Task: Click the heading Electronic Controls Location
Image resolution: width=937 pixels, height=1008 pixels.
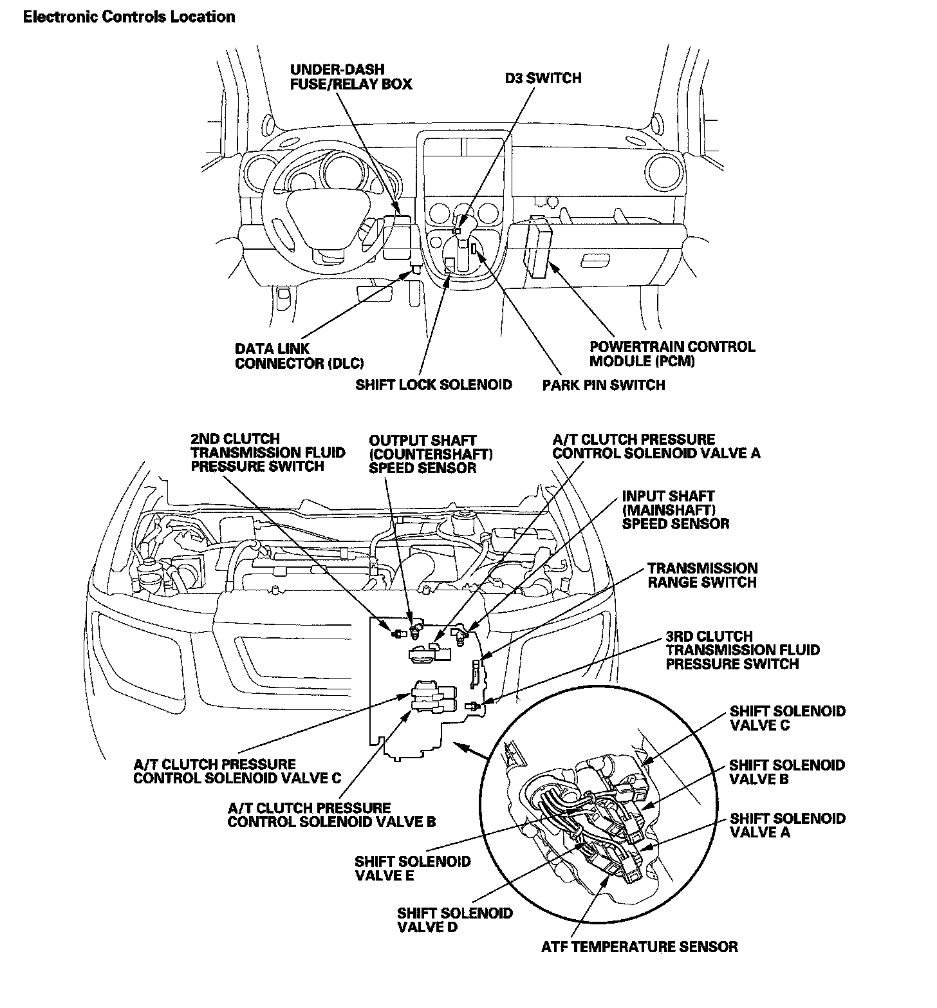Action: click(x=129, y=17)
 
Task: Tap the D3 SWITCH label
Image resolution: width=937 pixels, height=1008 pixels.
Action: click(x=543, y=78)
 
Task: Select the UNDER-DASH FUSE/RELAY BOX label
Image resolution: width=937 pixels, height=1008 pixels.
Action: click(x=351, y=77)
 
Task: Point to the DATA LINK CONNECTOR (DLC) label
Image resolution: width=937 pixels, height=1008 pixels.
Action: click(x=299, y=356)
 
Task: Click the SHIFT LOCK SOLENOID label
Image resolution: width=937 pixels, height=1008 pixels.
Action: click(x=433, y=384)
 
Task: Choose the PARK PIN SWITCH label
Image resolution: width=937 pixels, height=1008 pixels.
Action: click(x=603, y=385)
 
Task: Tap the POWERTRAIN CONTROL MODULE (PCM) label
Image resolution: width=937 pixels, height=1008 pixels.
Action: click(x=672, y=353)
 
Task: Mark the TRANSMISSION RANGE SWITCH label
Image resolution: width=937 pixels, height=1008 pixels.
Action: click(x=702, y=575)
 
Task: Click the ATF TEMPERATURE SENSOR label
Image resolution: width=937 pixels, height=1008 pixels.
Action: click(x=639, y=946)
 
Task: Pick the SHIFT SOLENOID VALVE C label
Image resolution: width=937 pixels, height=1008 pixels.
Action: click(x=787, y=718)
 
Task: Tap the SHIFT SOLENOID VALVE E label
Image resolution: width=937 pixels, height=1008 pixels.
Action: click(x=413, y=868)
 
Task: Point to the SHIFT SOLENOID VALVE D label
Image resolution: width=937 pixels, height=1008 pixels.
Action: click(x=454, y=920)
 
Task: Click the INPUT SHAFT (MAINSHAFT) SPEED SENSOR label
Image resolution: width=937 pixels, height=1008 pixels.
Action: click(x=675, y=510)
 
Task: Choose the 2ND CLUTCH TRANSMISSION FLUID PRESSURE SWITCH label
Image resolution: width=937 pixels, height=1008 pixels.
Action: click(x=267, y=453)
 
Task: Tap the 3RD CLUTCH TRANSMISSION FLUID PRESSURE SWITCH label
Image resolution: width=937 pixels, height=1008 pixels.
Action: click(x=742, y=649)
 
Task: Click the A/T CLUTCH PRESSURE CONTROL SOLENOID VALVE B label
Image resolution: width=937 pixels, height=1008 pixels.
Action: click(x=331, y=814)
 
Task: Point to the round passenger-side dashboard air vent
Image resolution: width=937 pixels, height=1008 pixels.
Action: click(x=665, y=171)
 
